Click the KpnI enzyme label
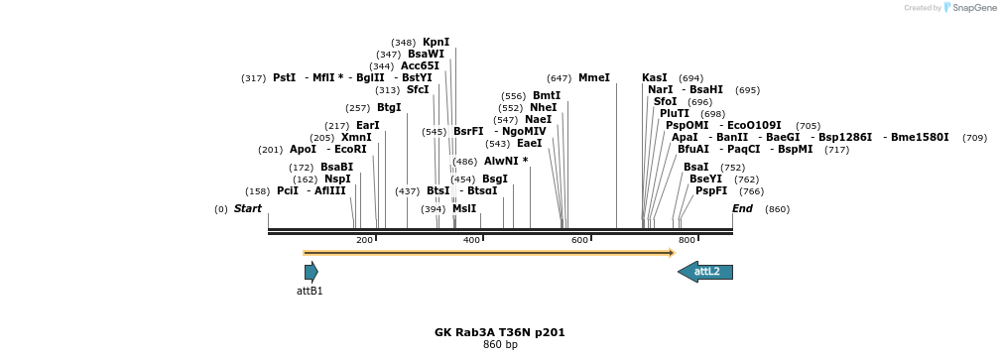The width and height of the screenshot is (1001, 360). (x=436, y=43)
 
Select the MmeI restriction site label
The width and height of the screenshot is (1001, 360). (x=593, y=77)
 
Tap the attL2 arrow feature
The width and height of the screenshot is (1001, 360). (x=705, y=272)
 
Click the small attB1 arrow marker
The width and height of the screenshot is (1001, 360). (x=311, y=272)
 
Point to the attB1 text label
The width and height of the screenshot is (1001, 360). (x=310, y=292)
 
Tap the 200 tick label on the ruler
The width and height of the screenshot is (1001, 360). (x=364, y=241)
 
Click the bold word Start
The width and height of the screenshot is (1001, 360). (x=248, y=209)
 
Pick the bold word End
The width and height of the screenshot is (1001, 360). (x=742, y=209)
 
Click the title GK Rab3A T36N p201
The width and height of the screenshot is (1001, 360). (x=499, y=332)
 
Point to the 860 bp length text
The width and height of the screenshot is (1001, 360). (x=500, y=345)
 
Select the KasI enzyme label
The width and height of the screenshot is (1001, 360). (x=655, y=77)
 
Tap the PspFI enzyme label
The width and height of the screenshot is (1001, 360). (x=711, y=190)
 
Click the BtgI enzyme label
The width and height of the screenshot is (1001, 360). (x=389, y=107)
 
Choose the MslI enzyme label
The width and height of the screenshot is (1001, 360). (x=464, y=209)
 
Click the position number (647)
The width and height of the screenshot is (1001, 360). (x=559, y=77)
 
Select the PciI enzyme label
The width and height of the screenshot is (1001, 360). (x=288, y=190)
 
